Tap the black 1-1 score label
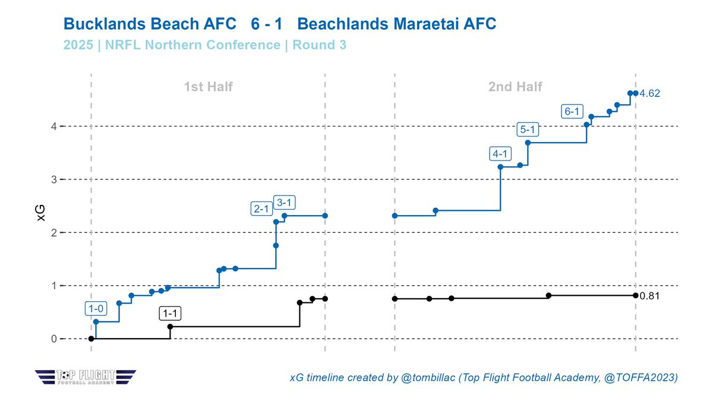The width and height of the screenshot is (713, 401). pyautogui.click(x=170, y=313)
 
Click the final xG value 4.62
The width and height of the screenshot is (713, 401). pyautogui.click(x=649, y=94)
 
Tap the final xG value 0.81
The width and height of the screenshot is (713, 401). pyautogui.click(x=649, y=295)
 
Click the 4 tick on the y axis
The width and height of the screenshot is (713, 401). pyautogui.click(x=53, y=127)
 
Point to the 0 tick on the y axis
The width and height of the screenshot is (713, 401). pyautogui.click(x=53, y=339)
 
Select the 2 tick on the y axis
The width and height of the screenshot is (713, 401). pyautogui.click(x=53, y=233)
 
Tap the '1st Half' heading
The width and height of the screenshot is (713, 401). pyautogui.click(x=207, y=87)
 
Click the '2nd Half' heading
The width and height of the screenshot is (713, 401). pyautogui.click(x=515, y=87)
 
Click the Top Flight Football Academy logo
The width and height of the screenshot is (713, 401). pyautogui.click(x=86, y=376)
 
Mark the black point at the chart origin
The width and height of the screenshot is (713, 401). pyautogui.click(x=91, y=339)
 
